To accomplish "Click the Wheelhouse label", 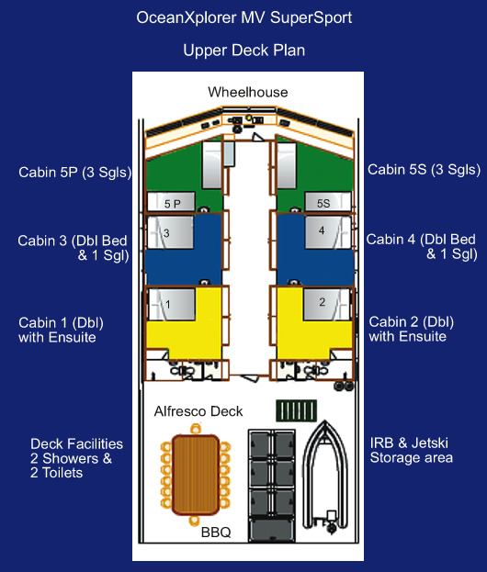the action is (248, 93).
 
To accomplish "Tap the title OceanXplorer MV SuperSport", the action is (243, 17).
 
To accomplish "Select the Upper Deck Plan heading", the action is (243, 50).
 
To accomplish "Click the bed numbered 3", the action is (170, 232).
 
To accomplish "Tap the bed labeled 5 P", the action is (171, 202).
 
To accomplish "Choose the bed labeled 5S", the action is (328, 202).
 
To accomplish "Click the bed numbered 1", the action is (171, 304).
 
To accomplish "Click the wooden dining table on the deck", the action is (196, 475).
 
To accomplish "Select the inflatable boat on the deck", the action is (324, 477).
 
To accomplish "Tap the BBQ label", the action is (216, 533).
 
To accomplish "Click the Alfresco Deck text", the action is (198, 411).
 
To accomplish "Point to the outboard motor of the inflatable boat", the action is (332, 522).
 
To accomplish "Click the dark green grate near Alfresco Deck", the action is (296, 410).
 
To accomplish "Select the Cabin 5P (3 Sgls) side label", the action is (74, 173).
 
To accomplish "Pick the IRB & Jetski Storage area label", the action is (411, 450).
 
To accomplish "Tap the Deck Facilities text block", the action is (76, 458).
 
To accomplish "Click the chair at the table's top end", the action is (196, 428).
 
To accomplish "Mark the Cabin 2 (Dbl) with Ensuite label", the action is (411, 329).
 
